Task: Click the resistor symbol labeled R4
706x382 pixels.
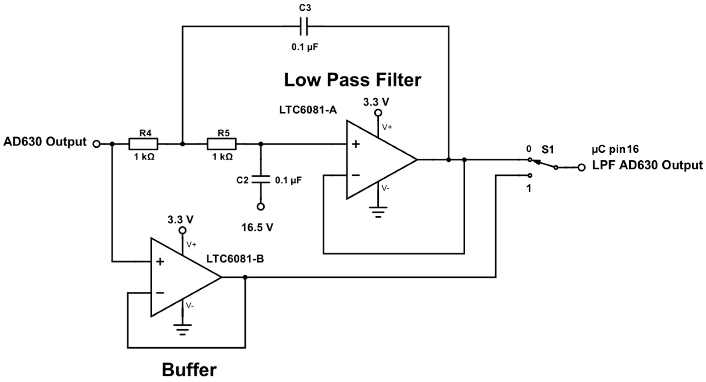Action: [x=143, y=144]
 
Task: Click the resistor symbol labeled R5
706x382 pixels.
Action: [x=221, y=144]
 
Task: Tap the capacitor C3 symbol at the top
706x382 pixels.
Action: [x=304, y=26]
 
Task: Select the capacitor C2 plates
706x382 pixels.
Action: [x=261, y=179]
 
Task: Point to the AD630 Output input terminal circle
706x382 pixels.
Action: [x=96, y=144]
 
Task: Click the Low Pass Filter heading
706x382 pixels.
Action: [x=353, y=80]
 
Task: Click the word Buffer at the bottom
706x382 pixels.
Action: [x=189, y=370]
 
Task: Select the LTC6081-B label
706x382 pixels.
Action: [x=235, y=259]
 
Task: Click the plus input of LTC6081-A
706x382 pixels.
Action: [x=355, y=144]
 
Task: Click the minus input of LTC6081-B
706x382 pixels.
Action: [x=160, y=293]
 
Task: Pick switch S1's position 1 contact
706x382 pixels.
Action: [x=530, y=175]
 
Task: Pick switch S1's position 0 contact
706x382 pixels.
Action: [x=530, y=160]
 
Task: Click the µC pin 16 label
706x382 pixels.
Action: [x=615, y=150]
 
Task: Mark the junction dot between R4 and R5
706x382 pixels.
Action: [x=183, y=144]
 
